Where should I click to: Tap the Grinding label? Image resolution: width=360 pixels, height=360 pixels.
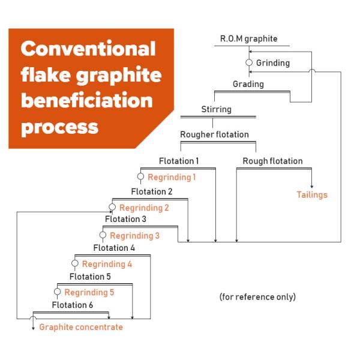coord(273,62)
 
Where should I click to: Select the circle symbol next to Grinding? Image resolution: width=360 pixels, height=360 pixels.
coord(250,62)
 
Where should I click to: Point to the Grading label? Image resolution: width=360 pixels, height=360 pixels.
coord(248,84)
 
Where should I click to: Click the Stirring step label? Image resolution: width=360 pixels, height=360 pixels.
coord(216,109)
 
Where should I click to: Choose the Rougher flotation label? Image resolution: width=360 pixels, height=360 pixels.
coord(214,134)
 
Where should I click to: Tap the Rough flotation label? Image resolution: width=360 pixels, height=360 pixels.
coord(272,161)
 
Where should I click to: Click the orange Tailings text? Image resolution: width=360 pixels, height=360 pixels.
coord(312,194)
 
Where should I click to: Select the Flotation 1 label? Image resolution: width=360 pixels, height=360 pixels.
coord(179,161)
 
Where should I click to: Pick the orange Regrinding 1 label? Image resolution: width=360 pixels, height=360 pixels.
coord(172,177)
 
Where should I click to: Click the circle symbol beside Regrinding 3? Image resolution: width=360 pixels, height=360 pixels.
coord(103,235)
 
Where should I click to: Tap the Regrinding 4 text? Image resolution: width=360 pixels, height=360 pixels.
coord(107,263)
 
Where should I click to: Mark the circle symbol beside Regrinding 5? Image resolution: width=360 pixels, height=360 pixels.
coord(57,292)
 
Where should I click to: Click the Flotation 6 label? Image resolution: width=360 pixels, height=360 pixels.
coord(73,305)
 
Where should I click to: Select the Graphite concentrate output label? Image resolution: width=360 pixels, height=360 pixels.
coord(81,327)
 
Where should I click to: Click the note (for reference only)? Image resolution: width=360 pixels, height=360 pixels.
coord(257,297)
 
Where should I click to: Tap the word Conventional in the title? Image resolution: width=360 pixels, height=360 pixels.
coord(89,48)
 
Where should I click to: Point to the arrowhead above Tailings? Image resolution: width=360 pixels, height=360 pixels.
coord(312,187)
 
